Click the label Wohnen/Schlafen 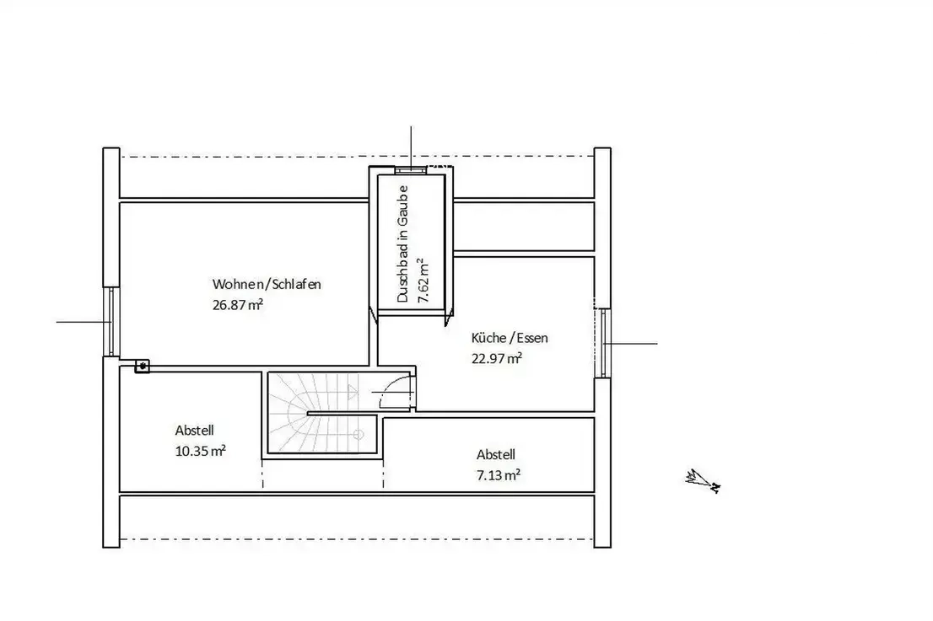coord(267,284)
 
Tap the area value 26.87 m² coord(238,305)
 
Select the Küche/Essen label coord(510,338)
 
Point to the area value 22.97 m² coord(497,358)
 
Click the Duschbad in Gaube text coord(403,244)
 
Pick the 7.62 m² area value coord(423,281)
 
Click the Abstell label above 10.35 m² coord(194,431)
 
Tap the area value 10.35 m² coord(201,451)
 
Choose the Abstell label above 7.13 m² coord(496,455)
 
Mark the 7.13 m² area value coord(499,475)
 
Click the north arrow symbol coord(704,481)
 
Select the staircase coord(322,413)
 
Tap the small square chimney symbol coord(143,366)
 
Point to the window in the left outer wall coord(111,322)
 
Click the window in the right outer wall coord(603,343)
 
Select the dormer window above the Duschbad coord(411,170)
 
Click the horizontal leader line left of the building coord(84,322)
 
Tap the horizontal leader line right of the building coord(630,344)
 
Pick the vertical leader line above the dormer coord(411,148)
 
